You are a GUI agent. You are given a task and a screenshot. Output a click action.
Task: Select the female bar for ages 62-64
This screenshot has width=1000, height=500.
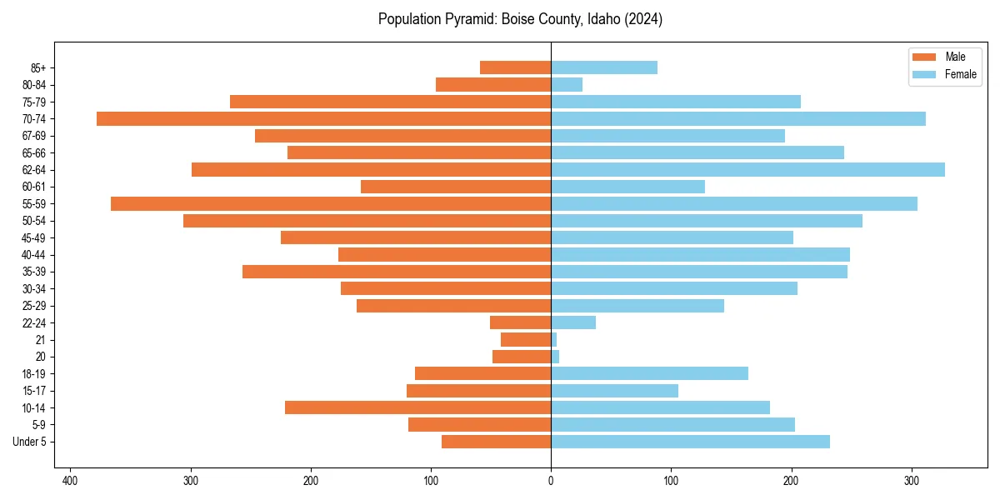tap(747, 169)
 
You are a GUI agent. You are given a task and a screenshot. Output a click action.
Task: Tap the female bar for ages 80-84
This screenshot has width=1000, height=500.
tap(567, 84)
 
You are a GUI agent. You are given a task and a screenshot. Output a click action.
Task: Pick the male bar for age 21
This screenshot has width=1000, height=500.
tap(526, 339)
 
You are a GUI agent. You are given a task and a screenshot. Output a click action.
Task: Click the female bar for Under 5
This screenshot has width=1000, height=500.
tap(690, 442)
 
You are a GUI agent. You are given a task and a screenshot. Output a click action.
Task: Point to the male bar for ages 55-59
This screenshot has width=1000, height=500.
tap(331, 203)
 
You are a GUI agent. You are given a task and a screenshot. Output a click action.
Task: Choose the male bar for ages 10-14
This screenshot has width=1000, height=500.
tap(417, 407)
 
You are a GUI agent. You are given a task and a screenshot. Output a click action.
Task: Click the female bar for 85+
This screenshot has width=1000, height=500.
tap(604, 67)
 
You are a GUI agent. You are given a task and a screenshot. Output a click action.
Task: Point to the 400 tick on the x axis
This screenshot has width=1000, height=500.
tap(71, 481)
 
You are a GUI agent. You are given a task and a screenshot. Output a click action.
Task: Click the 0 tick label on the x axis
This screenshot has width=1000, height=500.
tap(551, 481)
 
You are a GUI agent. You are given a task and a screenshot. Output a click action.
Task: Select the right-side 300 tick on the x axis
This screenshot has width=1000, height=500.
tap(912, 481)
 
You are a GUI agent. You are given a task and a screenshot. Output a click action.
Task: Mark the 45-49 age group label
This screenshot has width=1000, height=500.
tap(34, 237)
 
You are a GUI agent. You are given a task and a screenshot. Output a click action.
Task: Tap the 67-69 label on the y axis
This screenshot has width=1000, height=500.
tap(34, 136)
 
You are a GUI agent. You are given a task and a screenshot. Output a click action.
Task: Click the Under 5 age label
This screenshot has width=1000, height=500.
tap(29, 442)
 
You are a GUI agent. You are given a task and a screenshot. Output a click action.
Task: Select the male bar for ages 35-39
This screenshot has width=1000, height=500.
tap(397, 272)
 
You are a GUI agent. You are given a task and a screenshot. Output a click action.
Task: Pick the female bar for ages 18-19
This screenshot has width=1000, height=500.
tap(649, 373)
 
